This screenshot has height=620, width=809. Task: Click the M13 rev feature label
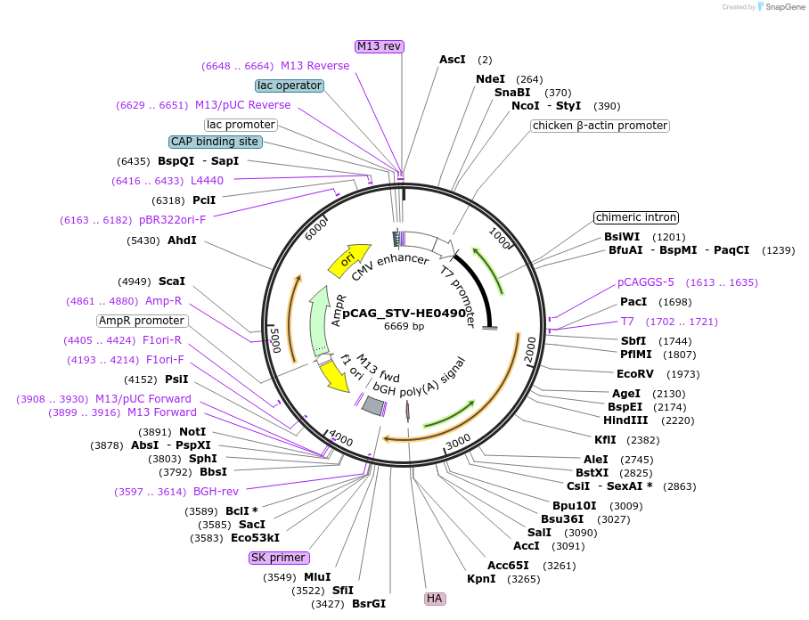click(x=380, y=46)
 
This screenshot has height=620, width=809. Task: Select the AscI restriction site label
click(x=453, y=60)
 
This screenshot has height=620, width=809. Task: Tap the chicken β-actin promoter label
click(x=600, y=126)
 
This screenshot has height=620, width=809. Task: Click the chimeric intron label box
click(x=636, y=217)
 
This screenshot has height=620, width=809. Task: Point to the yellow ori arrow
click(x=348, y=259)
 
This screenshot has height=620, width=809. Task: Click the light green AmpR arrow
click(x=320, y=321)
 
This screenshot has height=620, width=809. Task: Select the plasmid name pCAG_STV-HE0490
click(x=404, y=314)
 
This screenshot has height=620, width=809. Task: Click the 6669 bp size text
click(x=404, y=326)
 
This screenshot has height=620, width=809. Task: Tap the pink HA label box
click(x=435, y=599)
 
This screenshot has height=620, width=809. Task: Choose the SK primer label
click(x=279, y=559)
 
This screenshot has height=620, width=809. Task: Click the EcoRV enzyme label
click(x=635, y=374)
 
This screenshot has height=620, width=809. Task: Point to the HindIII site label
click(x=625, y=420)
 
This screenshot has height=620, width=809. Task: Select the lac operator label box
click(x=290, y=86)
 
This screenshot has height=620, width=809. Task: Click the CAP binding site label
click(x=215, y=142)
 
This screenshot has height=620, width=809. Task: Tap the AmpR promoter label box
click(x=142, y=321)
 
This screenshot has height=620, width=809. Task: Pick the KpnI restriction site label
click(x=481, y=579)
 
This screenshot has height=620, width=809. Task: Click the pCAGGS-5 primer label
click(x=645, y=282)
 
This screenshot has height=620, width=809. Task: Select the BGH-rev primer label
click(x=216, y=492)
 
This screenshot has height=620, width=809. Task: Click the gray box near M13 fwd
click(x=372, y=405)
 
